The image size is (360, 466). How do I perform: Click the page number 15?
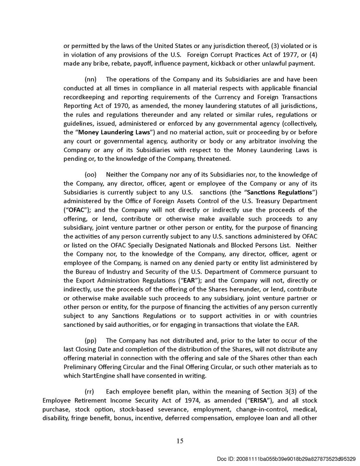(x=180, y=441)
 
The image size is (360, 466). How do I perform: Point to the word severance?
(x=164, y=409)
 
